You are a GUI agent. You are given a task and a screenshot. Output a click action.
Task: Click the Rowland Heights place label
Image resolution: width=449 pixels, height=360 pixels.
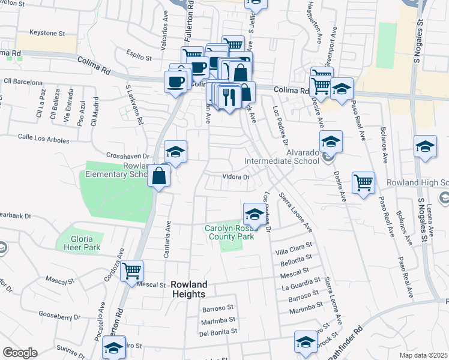188,289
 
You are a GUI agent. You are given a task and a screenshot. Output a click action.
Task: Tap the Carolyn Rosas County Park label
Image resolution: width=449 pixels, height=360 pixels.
230,232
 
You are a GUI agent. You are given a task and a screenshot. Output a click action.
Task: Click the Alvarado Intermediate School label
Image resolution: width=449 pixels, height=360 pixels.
282,161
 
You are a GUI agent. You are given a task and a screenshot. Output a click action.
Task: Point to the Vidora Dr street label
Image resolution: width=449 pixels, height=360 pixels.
236,177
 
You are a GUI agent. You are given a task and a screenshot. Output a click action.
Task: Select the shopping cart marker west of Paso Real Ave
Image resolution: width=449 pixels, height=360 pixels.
363,182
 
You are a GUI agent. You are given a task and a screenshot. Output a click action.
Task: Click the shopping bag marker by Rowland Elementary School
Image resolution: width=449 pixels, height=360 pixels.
159,176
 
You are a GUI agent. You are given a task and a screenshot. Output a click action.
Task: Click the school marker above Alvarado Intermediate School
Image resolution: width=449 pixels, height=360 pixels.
330,142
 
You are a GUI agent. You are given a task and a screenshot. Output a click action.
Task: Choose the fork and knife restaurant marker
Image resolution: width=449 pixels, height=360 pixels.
229,95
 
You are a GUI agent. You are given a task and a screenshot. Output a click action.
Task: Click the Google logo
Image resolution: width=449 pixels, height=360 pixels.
20,353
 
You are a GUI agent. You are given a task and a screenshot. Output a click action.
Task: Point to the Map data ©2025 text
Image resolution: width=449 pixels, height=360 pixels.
423,355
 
